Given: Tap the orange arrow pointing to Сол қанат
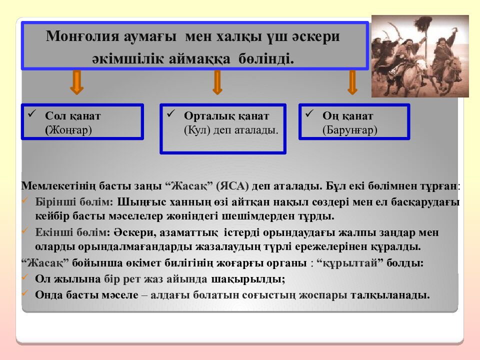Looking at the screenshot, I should click(76, 82).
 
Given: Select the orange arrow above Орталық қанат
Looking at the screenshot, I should click(217, 82).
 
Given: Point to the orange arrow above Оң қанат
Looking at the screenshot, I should click(352, 82).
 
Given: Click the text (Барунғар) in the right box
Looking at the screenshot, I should click(349, 129).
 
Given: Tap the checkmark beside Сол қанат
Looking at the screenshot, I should click(32, 114).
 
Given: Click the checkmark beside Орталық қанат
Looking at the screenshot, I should click(170, 114).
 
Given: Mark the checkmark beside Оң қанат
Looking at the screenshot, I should click(309, 114).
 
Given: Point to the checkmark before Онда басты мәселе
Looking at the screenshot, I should click(25, 293).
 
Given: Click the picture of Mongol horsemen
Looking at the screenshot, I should click(420, 56).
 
